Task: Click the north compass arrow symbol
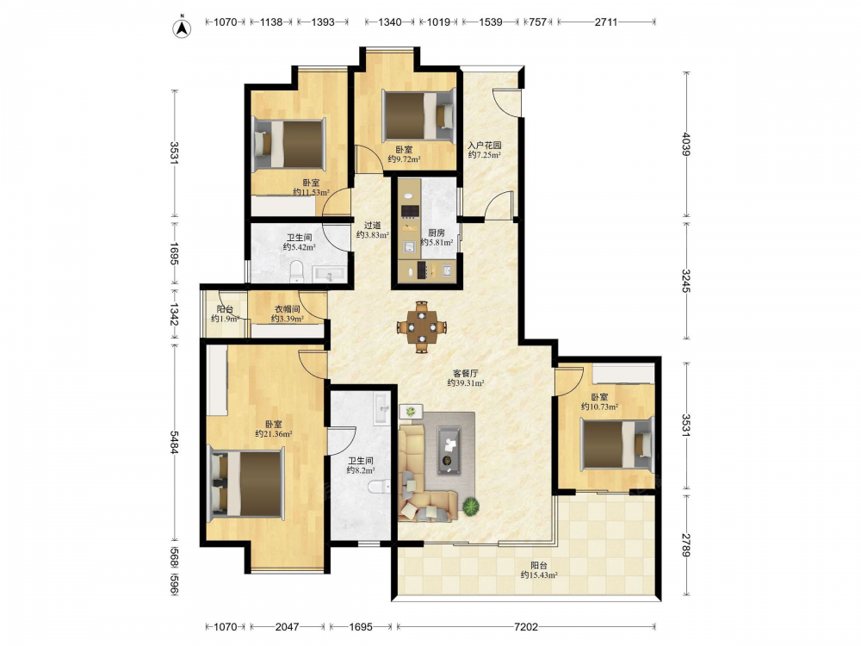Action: click(183, 28)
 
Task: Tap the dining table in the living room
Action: click(421, 326)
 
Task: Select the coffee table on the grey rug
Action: click(449, 450)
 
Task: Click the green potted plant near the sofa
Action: click(470, 506)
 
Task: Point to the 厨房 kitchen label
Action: click(437, 233)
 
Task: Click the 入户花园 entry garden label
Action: click(484, 146)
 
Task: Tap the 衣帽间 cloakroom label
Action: click(288, 309)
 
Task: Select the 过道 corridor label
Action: click(372, 225)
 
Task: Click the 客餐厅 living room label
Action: click(465, 374)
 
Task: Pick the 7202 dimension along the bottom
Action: click(526, 626)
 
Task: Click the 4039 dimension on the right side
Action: click(685, 144)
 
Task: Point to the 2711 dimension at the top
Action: click(605, 22)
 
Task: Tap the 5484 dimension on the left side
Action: click(174, 442)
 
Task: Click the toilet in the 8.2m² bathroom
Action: click(379, 486)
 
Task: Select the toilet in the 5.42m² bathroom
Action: click(296, 271)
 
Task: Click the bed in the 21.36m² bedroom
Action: click(247, 483)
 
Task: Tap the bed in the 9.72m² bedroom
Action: click(419, 115)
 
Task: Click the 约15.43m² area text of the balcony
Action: click(539, 575)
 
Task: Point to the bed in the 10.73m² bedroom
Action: click(617, 444)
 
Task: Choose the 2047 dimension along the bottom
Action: click(288, 626)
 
